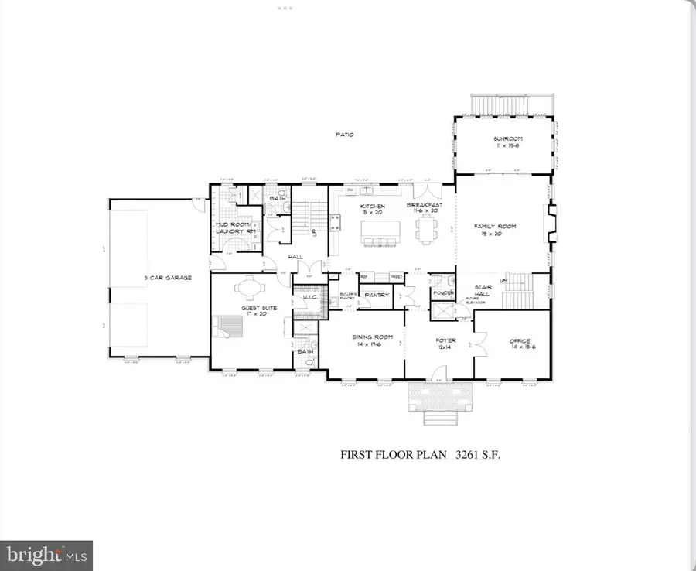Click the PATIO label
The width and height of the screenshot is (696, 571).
pos(345,135)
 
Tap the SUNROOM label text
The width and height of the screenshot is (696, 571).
pos(503,140)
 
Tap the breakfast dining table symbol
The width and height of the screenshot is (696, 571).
pos(424,229)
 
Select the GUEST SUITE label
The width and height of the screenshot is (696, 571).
pos(254,308)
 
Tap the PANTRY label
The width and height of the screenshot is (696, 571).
pos(377,294)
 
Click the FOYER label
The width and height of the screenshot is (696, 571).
pos(445,340)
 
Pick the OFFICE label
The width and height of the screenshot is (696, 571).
pos(519,340)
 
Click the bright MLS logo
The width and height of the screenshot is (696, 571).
pos(46,555)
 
